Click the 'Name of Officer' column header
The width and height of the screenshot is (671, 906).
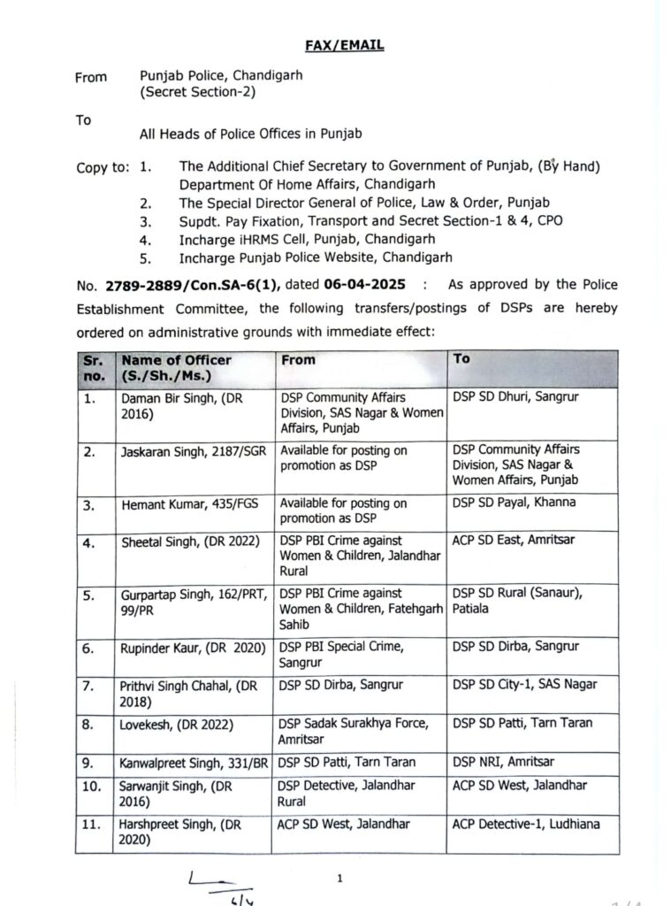coord(177,360)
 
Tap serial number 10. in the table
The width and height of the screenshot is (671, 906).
coord(93,785)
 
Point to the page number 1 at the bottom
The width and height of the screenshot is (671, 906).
coord(339,878)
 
